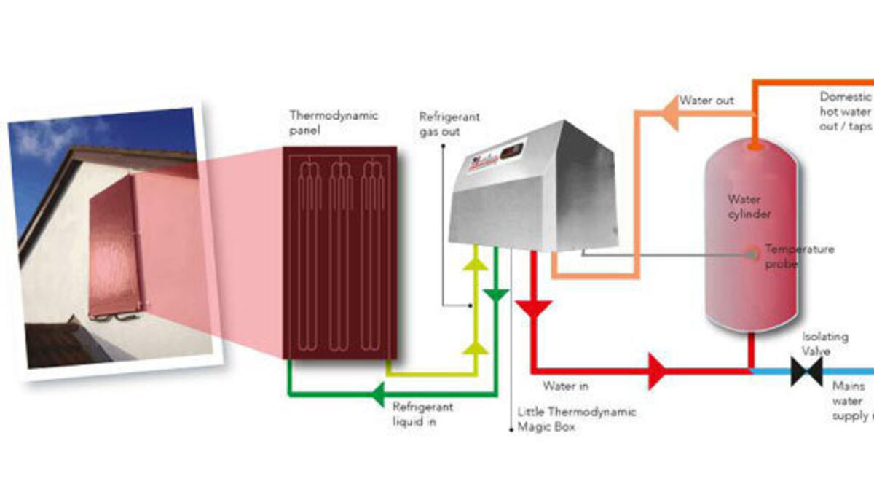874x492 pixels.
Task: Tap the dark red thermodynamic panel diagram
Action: tap(340, 252)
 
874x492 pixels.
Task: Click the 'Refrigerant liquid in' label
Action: tap(423, 413)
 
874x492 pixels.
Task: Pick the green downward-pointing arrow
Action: tap(496, 296)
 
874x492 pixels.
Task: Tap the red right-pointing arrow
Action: tap(657, 370)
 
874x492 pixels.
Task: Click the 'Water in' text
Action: tap(565, 386)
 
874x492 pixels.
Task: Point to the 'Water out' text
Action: tap(706, 100)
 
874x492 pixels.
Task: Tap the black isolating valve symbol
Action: tap(806, 371)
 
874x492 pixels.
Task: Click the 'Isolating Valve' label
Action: tap(824, 343)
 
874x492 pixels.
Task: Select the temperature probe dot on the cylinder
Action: tap(753, 254)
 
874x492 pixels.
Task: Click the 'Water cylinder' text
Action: tap(749, 206)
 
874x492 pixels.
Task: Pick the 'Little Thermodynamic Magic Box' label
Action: tap(576, 419)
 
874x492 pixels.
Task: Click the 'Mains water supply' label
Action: tap(851, 402)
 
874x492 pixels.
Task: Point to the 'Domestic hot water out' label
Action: tap(845, 111)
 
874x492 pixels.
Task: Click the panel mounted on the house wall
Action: tap(114, 245)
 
